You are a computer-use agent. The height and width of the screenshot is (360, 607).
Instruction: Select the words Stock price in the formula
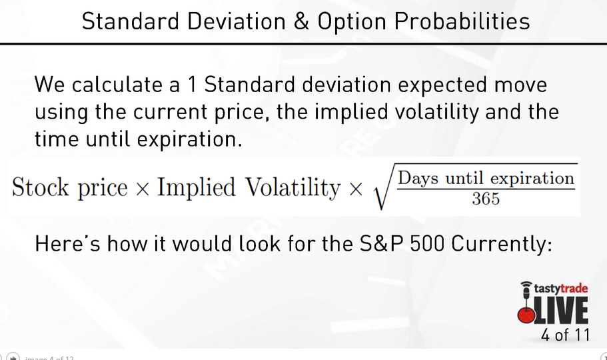(x=69, y=188)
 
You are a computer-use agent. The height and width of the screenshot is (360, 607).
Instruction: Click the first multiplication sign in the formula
(x=142, y=189)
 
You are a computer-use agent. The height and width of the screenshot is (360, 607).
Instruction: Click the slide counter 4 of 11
(x=565, y=335)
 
